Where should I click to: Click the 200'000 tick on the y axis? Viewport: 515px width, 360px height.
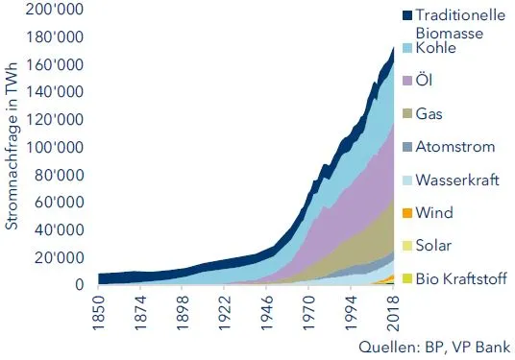point(57,9)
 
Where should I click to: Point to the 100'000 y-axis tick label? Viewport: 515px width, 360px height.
point(57,147)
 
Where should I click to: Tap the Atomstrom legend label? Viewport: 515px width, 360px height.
point(456,147)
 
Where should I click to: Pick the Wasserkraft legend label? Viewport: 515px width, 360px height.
point(458,180)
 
